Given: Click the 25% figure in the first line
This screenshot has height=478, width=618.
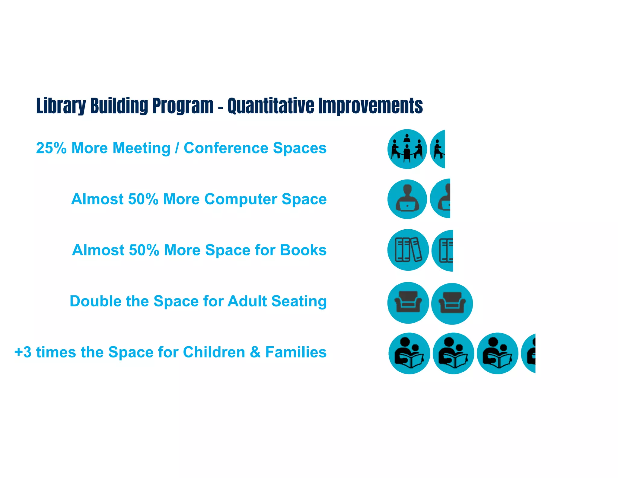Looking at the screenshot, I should coord(51,148).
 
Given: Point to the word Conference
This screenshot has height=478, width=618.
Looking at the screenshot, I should coord(226,148).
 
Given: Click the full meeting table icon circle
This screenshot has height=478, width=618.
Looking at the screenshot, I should coord(407,149).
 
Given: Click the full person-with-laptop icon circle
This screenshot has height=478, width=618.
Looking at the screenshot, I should coord(407,199).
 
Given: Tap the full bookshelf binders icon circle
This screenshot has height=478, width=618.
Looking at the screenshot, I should coord(408,250).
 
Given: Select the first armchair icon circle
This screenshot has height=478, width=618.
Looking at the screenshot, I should coord(408,303).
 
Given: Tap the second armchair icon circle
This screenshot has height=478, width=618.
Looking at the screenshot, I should coord(452,304).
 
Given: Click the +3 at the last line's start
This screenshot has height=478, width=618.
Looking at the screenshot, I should coord(23,352).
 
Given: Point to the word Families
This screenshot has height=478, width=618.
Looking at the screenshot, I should coord(296,352).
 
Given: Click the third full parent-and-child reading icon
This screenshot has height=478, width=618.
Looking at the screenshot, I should coord(497,354).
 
